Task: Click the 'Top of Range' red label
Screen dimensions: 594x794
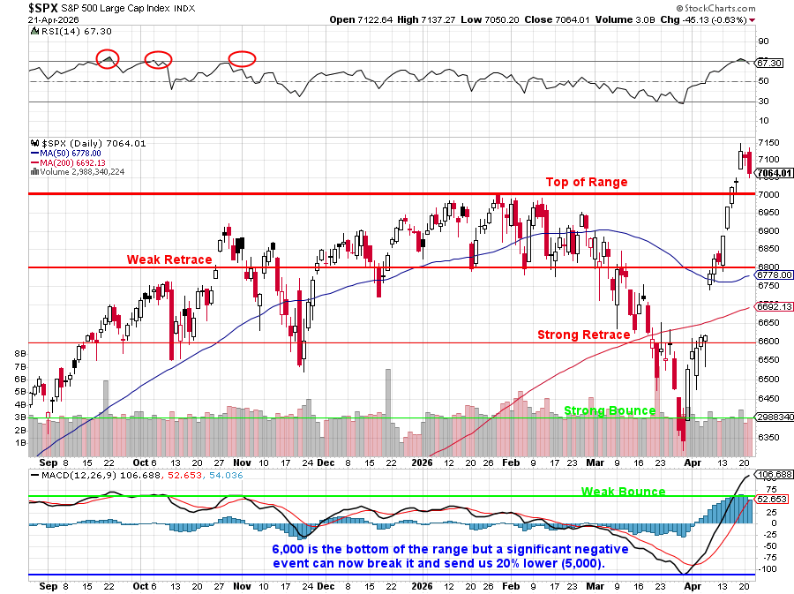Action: (x=586, y=182)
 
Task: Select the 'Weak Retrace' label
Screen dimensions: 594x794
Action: (x=169, y=259)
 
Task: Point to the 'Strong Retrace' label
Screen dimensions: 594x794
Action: (x=584, y=335)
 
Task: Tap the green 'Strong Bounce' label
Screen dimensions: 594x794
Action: (x=610, y=410)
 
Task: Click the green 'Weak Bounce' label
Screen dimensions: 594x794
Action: (x=623, y=492)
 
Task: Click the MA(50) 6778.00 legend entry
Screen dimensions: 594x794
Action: (x=72, y=153)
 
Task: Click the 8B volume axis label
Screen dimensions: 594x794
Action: (x=19, y=353)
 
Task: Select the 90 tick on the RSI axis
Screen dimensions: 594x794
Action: (x=762, y=41)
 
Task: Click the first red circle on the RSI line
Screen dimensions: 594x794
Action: (x=108, y=60)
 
